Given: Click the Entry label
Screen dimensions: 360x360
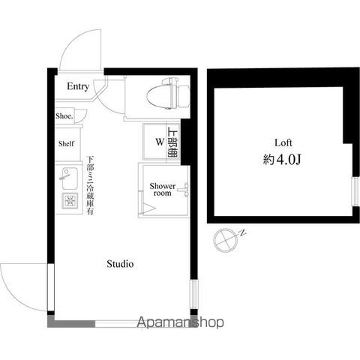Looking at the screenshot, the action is pyautogui.click(x=78, y=86).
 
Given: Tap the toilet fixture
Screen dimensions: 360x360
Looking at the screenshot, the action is pyautogui.click(x=168, y=94).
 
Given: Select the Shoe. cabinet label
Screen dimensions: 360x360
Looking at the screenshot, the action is pyautogui.click(x=64, y=116).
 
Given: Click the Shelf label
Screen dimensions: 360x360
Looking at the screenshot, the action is pyautogui.click(x=66, y=144).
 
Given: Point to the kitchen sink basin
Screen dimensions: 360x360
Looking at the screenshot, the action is pyautogui.click(x=69, y=178).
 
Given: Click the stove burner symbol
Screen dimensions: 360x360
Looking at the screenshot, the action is pyautogui.click(x=70, y=200).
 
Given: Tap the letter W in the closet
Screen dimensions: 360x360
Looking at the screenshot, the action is pyautogui.click(x=160, y=142).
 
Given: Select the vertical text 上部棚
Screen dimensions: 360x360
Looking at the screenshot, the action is pyautogui.click(x=172, y=142).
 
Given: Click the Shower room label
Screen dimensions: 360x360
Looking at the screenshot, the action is pyautogui.click(x=163, y=190).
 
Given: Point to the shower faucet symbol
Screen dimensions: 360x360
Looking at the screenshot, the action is pyautogui.click(x=184, y=190).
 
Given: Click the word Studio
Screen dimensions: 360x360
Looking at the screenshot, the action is pyautogui.click(x=120, y=264).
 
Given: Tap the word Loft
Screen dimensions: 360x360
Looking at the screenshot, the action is pyautogui.click(x=283, y=142).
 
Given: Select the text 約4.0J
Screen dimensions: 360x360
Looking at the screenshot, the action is pyautogui.click(x=282, y=160).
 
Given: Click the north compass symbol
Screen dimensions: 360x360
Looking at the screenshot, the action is pyautogui.click(x=226, y=239).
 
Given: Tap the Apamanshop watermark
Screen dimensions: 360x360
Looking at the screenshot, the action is pyautogui.click(x=180, y=322).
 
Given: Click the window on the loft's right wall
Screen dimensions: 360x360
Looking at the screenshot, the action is pyautogui.click(x=355, y=191).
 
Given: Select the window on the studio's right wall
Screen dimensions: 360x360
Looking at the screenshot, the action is pyautogui.click(x=193, y=294).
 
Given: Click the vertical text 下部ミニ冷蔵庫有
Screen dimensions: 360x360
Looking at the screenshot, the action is pyautogui.click(x=90, y=185).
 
